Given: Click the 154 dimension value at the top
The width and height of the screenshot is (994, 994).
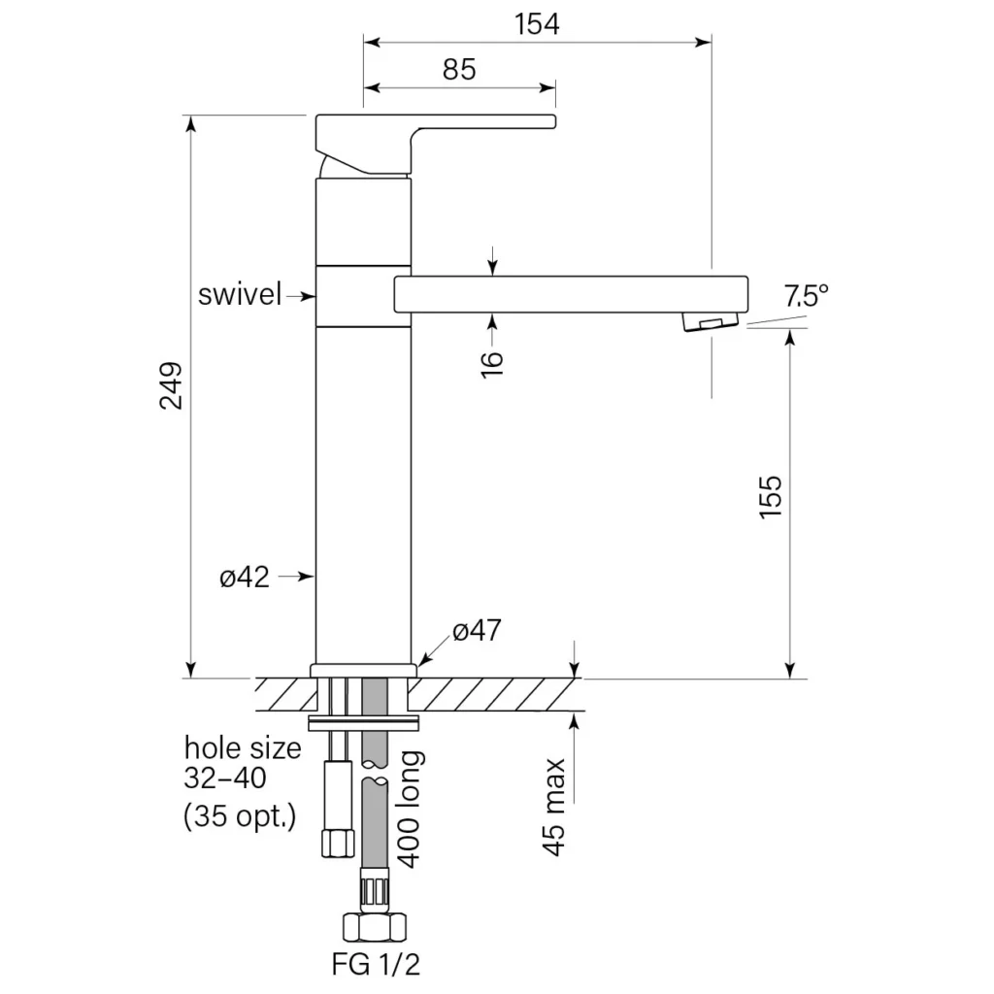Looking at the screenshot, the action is pos(537,24).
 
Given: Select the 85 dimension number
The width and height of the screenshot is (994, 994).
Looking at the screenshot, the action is pos(459,69).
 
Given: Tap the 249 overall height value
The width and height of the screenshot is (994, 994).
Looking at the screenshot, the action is pos(171,385).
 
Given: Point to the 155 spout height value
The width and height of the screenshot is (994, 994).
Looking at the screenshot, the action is pos(772,497).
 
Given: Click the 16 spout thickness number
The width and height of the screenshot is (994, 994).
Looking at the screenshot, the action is pos(492,365).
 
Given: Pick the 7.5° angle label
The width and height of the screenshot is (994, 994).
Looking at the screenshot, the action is pos(806,295).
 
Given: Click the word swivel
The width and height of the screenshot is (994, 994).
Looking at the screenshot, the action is pos(240,295).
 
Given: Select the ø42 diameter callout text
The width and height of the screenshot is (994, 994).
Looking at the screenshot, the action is pos(245,577).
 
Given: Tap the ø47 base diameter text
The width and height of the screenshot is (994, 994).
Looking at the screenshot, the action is pos(477,630).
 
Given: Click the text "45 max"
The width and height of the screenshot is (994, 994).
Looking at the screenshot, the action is pos(554,807).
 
